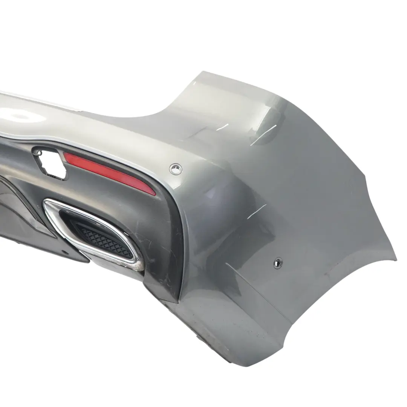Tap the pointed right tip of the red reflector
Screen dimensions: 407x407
pos(154,193)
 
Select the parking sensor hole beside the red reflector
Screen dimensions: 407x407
pos(175,169)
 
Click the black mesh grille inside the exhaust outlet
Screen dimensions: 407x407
pos(106,237)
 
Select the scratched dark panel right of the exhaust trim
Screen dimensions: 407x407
pos(158,241)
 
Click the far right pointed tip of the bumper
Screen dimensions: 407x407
pos(396,259)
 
